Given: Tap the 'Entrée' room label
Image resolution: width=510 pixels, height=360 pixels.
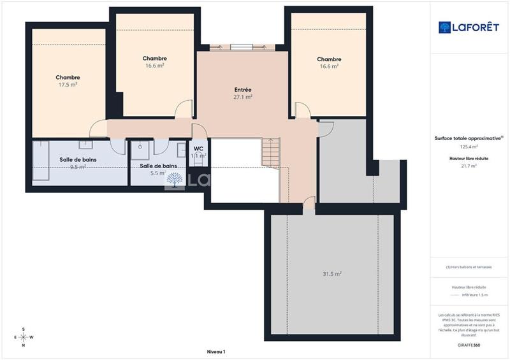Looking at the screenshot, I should [243, 90].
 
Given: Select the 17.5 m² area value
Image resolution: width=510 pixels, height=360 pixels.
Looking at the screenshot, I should [68, 84].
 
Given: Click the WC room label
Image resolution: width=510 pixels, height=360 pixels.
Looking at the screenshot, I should [198, 148].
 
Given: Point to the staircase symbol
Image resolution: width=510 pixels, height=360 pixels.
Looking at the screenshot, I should [271, 154].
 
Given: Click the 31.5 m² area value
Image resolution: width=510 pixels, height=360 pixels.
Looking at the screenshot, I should [332, 274].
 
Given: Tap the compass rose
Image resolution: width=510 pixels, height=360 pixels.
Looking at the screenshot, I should [23, 337].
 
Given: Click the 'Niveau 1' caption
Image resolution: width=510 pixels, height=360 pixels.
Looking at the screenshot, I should [216, 351].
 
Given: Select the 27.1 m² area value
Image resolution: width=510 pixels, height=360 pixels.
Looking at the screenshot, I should [243, 97].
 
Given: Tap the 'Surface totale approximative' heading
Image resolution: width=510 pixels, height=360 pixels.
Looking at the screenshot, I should [469, 138].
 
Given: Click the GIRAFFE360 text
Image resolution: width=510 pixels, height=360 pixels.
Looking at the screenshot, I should [469, 344].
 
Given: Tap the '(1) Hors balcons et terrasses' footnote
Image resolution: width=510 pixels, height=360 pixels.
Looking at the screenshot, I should [469, 267].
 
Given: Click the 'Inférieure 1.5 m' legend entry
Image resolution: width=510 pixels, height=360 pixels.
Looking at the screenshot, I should [474, 295].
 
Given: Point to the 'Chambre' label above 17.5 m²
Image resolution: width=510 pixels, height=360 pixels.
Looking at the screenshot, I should [68, 77].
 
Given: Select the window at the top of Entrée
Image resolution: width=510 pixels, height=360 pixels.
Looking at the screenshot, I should [242, 46].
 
